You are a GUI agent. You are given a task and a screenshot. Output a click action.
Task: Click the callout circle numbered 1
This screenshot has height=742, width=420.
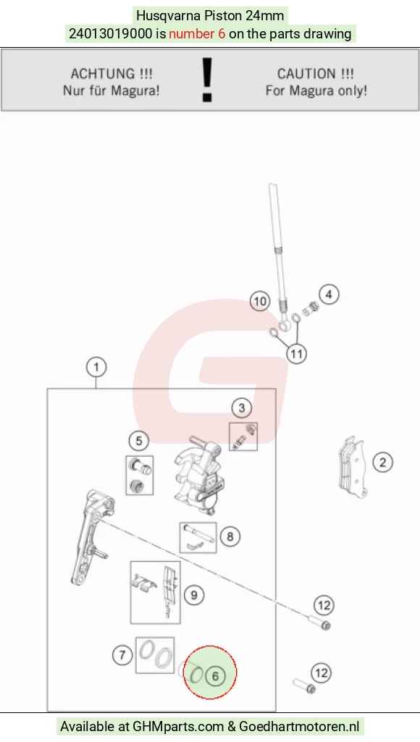96,367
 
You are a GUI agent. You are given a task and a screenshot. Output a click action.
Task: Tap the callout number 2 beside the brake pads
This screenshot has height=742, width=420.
382,462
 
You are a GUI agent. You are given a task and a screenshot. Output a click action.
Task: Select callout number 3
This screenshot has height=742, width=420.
241,408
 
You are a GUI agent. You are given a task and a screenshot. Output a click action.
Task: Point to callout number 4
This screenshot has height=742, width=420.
329,295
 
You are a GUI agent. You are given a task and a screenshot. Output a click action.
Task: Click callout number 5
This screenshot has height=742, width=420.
139,441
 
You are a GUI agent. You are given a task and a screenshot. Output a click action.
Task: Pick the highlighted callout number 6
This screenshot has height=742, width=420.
216,676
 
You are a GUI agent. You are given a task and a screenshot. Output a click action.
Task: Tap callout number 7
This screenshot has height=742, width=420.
122,655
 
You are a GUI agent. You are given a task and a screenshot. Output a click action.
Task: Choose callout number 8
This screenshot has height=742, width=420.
230,536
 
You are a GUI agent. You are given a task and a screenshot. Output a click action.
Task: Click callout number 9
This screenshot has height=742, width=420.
194,594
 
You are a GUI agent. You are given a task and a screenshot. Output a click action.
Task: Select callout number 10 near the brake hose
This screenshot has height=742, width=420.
260,301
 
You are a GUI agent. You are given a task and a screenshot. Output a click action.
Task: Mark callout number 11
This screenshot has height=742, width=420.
297,353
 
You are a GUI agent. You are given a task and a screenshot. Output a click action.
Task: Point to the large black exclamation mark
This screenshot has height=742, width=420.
207,80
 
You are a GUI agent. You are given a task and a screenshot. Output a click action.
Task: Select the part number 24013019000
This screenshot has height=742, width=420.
111,34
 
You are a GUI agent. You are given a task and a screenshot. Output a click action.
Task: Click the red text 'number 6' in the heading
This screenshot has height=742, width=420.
197,34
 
